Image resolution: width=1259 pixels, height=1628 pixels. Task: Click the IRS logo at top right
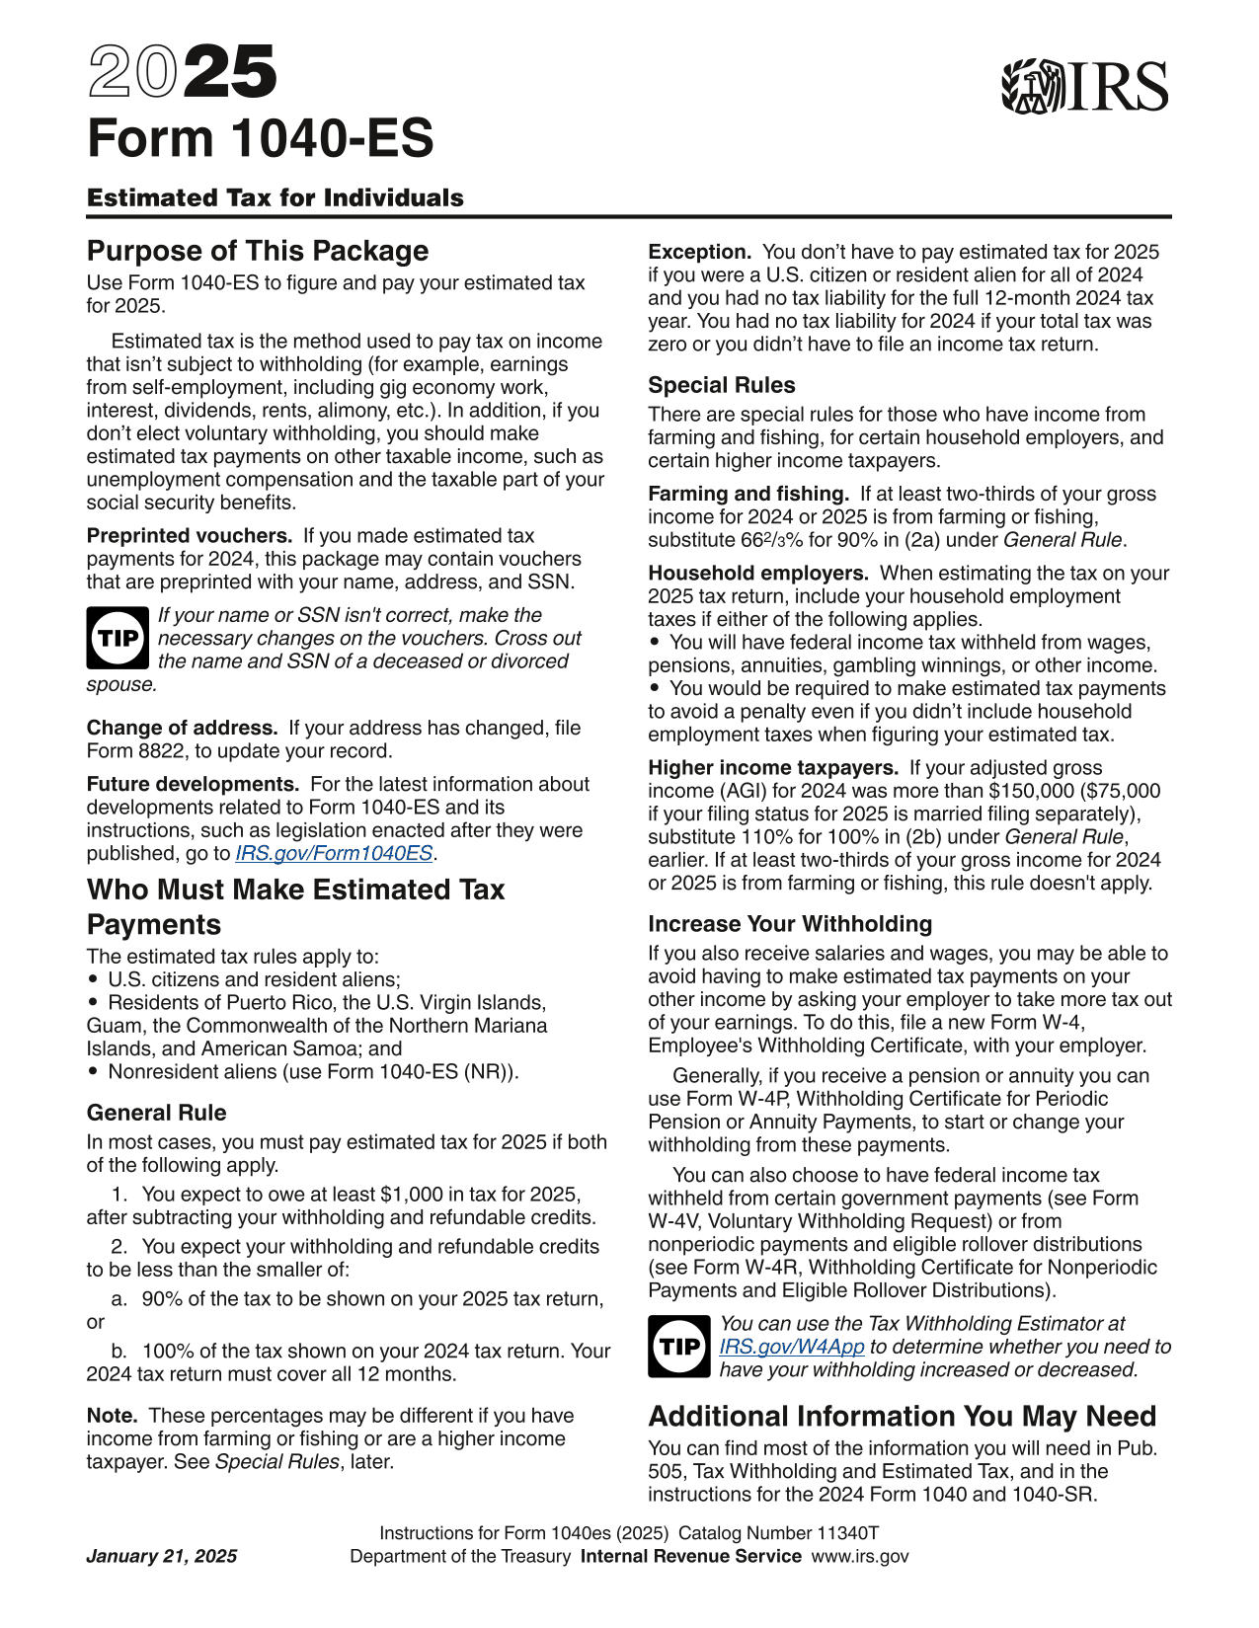(1084, 87)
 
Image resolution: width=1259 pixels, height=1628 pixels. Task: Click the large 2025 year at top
(183, 73)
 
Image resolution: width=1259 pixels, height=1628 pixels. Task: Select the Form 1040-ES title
(261, 138)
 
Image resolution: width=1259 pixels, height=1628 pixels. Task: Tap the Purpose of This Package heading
(258, 251)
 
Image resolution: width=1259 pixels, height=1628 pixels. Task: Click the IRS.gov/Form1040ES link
(334, 854)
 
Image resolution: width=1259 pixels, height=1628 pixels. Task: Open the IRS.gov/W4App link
(792, 1347)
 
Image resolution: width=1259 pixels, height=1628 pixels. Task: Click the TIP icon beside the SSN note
(118, 638)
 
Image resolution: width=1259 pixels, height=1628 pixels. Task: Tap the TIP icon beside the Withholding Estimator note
(679, 1347)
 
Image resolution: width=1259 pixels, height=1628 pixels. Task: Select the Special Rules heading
(722, 385)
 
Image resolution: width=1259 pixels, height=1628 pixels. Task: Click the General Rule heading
(157, 1113)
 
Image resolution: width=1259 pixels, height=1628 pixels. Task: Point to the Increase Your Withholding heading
(790, 924)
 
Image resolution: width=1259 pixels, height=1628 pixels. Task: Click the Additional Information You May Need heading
(902, 1417)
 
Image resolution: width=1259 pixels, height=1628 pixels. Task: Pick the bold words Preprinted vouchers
(190, 536)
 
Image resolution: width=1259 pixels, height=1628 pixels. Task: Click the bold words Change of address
(182, 728)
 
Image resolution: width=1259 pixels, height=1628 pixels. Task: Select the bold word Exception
(699, 252)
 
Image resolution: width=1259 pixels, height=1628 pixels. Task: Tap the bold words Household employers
(757, 574)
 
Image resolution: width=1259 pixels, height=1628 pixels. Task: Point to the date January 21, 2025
(162, 1557)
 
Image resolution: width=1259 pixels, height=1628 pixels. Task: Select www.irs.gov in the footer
(860, 1557)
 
